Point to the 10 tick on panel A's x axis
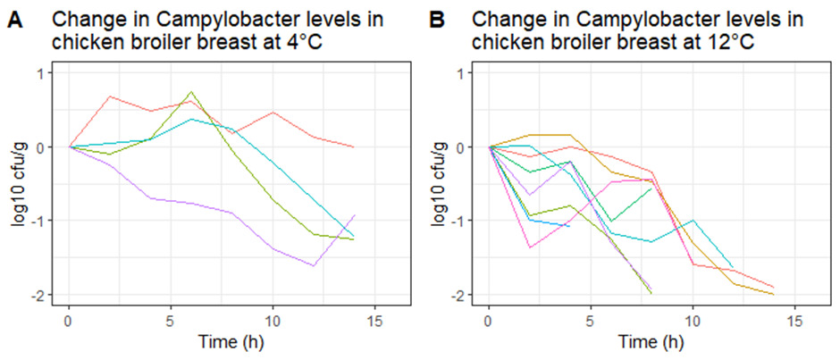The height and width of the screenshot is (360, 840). click(273, 319)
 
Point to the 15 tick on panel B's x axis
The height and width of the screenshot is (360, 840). click(794, 319)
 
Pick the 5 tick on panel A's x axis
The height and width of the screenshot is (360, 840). click(172, 319)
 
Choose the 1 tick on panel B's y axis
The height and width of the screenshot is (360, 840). click(470, 73)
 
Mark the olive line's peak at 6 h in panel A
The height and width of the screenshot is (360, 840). click(191, 91)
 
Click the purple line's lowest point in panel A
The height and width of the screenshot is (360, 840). click(314, 265)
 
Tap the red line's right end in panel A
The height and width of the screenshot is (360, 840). click(354, 147)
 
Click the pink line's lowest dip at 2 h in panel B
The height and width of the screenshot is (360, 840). click(529, 247)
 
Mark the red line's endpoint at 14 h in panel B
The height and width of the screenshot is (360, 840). click(773, 287)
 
